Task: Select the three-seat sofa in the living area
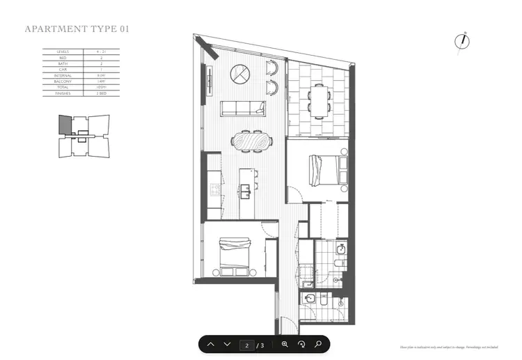coord(243,109)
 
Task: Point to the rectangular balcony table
coord(319,100)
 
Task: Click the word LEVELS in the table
coord(61,52)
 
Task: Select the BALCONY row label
coord(61,81)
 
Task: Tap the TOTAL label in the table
coord(61,87)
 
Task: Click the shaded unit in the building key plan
coord(64,125)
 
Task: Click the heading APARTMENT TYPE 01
coord(77,29)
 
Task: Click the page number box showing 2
coord(246,345)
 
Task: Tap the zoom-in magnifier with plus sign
coord(285,345)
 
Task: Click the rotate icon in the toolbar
coord(301,345)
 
